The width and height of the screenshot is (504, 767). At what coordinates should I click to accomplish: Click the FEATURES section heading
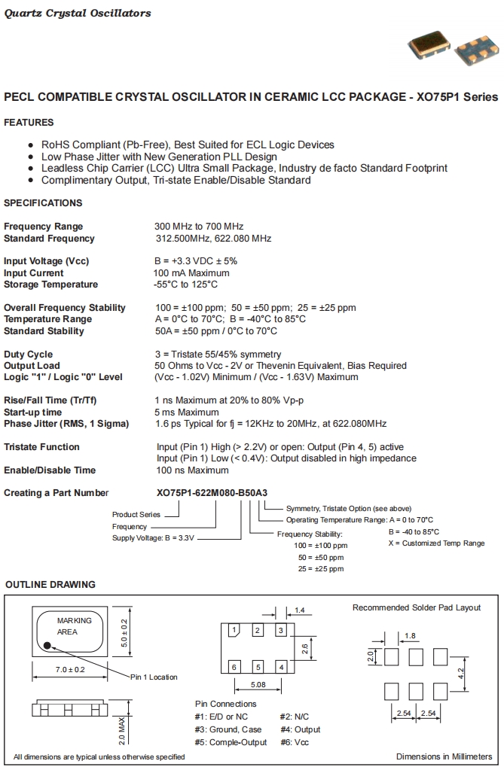point(29,123)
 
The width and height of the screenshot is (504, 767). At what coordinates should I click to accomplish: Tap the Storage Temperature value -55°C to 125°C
point(186,285)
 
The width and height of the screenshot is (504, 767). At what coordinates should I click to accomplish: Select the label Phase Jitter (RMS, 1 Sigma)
point(66,424)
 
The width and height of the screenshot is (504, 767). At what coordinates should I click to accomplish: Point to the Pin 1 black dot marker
point(47,645)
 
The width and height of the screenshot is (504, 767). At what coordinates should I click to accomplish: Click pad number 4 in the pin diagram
point(281,667)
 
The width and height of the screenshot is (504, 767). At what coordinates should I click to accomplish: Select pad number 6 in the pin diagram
point(234,667)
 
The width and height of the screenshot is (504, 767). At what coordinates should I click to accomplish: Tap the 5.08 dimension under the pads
point(258,685)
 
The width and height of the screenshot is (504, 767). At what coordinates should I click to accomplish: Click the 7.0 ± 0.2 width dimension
point(69,669)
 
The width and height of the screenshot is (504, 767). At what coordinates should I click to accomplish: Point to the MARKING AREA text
point(74,626)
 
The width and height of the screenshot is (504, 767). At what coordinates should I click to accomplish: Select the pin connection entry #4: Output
point(300,729)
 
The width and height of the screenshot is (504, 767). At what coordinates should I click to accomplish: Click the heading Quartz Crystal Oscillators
point(78,13)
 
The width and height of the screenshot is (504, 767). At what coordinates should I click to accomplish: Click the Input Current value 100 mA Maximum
point(191,272)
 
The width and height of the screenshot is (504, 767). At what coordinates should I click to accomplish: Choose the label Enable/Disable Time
point(50,470)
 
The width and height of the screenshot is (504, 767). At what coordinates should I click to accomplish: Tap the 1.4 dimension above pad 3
point(299,610)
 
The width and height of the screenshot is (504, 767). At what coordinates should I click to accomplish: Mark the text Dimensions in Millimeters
point(444,756)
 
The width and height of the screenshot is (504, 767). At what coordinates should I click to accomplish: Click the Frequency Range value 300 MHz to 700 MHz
point(199,227)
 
